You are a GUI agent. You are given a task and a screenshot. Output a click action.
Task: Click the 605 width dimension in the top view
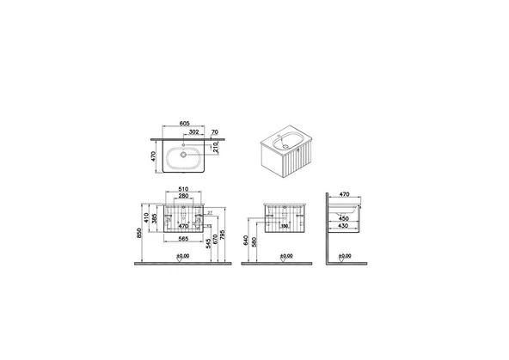click(x=184, y=123)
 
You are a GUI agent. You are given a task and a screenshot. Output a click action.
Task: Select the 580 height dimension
click(x=255, y=244)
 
